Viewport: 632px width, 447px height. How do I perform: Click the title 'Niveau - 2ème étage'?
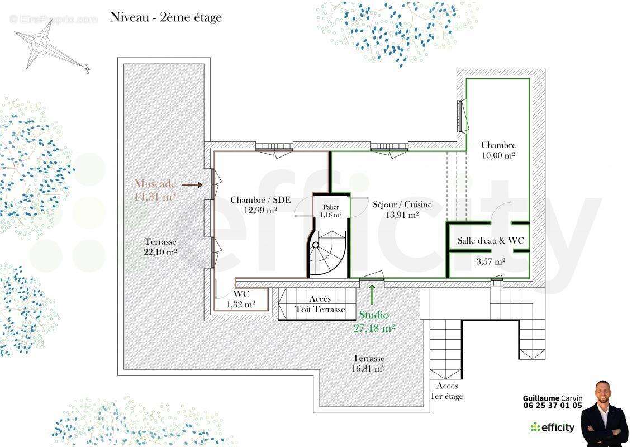click(x=166, y=18)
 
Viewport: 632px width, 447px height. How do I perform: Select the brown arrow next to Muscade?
click(x=192, y=185)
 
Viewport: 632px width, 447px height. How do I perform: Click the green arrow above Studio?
click(x=372, y=294)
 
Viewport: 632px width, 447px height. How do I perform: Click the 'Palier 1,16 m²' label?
click(x=331, y=211)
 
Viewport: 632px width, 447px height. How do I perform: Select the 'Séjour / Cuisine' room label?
click(x=402, y=205)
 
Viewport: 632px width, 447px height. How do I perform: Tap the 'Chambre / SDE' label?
click(x=260, y=200)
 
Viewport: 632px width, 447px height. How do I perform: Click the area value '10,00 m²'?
click(x=498, y=155)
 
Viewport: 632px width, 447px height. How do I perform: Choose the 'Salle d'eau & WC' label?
click(x=491, y=241)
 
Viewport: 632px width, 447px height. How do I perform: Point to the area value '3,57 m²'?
click(x=491, y=261)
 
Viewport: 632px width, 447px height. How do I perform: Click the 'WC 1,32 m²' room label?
click(x=241, y=299)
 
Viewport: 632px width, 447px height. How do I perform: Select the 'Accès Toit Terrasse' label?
click(x=320, y=305)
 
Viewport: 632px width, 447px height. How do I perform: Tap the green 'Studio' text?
click(x=374, y=315)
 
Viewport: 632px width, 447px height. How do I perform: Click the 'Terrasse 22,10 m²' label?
click(x=160, y=247)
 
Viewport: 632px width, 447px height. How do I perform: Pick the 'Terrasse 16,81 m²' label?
click(x=368, y=363)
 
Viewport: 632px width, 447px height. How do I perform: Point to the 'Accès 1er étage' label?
click(x=448, y=391)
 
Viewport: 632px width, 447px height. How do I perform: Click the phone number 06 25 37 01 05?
click(x=553, y=406)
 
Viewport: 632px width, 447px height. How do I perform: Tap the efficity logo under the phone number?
click(x=552, y=427)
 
